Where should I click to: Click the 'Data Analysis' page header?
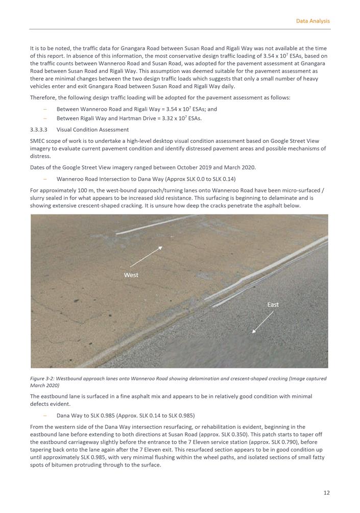(x=313, y=21)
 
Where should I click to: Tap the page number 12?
(x=326, y=493)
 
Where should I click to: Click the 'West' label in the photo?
(x=131, y=275)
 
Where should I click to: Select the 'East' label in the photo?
(x=273, y=305)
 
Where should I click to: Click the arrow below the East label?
(x=263, y=322)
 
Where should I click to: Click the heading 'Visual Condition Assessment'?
(x=92, y=130)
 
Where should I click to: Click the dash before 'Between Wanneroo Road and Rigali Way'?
(x=45, y=109)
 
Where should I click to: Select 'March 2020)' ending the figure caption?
(x=45, y=386)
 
